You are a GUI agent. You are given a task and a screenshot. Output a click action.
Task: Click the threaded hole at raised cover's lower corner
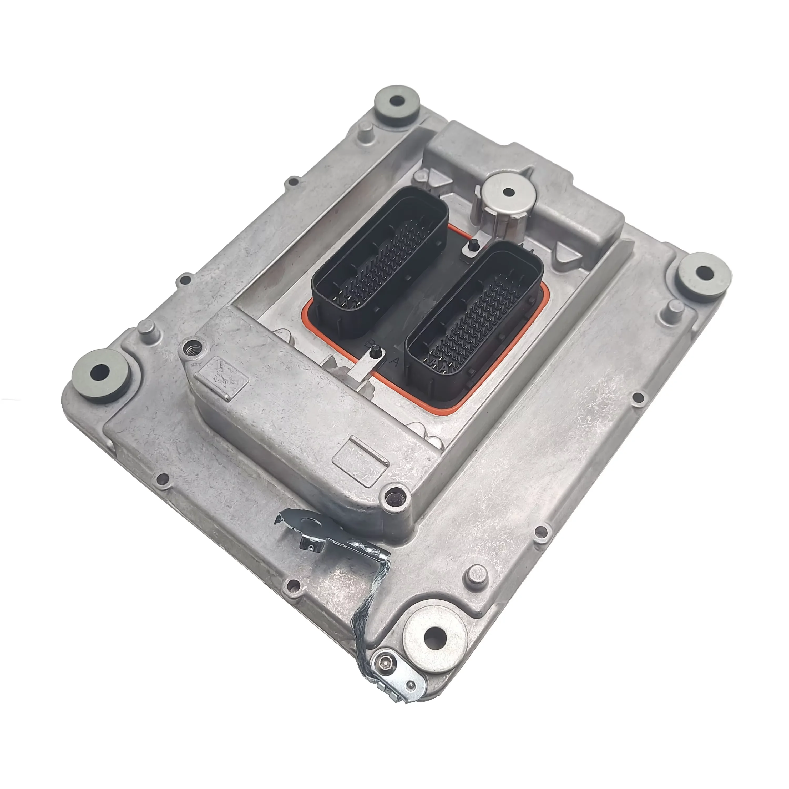395,497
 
